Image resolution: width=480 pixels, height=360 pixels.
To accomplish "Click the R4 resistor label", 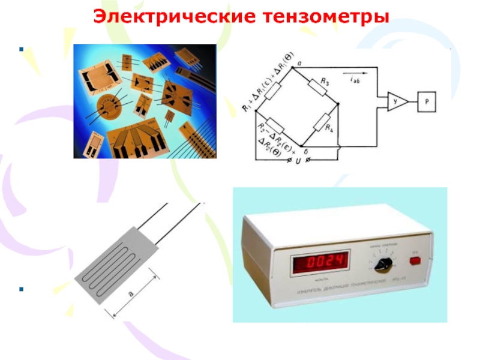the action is click(329, 127).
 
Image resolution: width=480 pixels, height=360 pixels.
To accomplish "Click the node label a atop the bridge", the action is click(298, 62).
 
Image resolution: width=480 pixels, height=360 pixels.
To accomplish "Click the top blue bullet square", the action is click(22, 49).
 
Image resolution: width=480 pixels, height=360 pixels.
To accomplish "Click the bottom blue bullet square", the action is click(22, 289).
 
